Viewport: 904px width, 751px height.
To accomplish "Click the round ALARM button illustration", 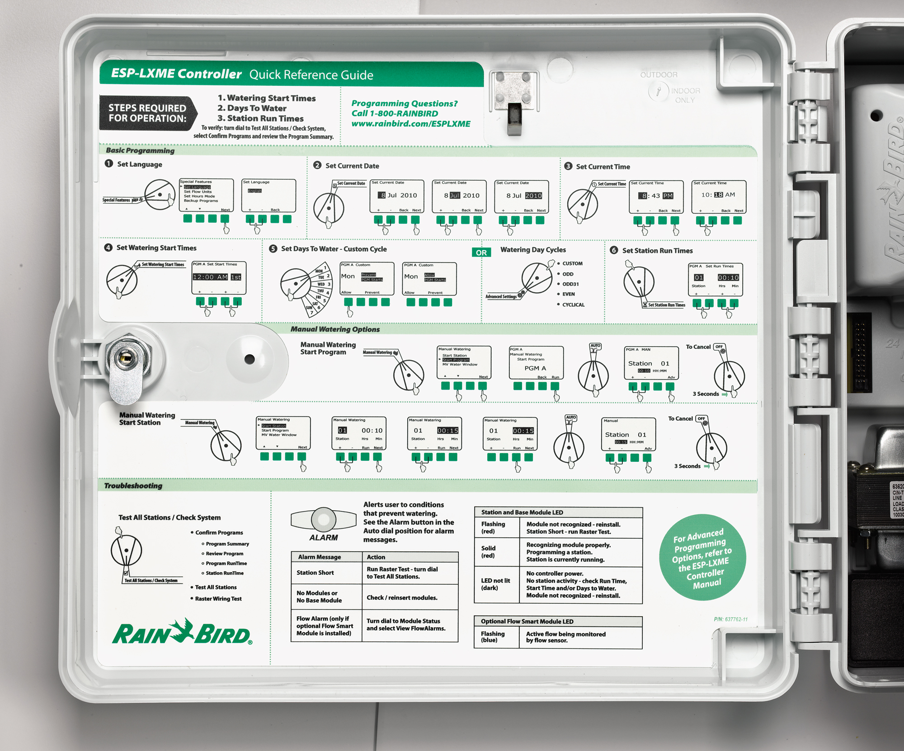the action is [324, 519].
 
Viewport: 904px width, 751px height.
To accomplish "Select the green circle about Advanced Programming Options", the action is [702, 557].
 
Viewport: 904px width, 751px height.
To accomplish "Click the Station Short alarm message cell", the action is [315, 573].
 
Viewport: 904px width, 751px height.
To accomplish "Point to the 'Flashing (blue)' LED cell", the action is [493, 637].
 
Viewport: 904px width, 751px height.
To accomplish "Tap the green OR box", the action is [481, 253].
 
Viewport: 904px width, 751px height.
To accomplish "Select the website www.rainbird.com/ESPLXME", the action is [411, 124].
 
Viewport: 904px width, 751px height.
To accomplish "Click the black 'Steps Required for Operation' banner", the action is [147, 113].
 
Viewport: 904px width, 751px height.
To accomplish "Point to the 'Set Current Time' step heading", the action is [603, 167].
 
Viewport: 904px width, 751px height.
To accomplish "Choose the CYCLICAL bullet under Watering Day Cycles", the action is [573, 305].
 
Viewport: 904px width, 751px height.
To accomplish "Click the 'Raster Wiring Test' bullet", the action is [218, 599].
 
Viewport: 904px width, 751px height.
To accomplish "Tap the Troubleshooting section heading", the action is [133, 486].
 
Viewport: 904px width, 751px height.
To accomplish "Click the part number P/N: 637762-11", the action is [730, 619].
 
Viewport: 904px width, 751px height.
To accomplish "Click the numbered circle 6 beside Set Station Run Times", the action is [614, 250].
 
